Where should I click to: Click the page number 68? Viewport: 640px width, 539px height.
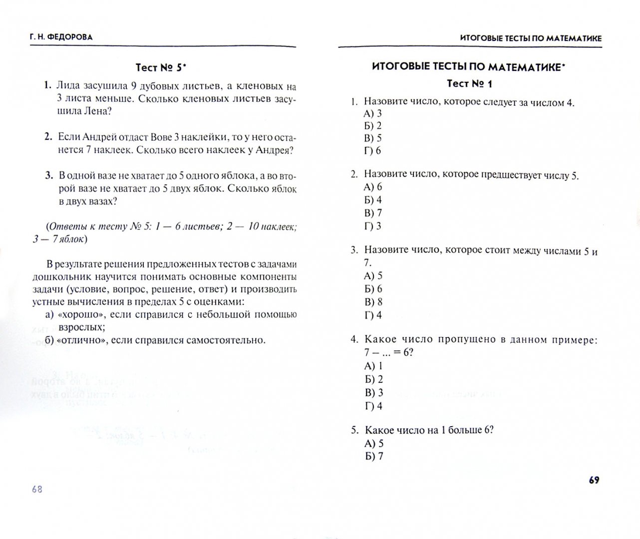[37, 489]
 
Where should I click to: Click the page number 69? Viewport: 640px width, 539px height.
[594, 480]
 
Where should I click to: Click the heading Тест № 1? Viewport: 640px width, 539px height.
[469, 83]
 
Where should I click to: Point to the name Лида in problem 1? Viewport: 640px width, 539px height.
[68, 85]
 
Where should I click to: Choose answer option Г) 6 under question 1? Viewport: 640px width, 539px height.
[372, 150]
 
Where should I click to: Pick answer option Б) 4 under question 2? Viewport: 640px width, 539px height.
[373, 200]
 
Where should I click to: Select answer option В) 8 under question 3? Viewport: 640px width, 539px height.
[373, 302]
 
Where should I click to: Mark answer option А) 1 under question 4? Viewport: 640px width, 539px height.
[373, 366]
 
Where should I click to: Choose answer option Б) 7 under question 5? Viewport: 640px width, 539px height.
[374, 456]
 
